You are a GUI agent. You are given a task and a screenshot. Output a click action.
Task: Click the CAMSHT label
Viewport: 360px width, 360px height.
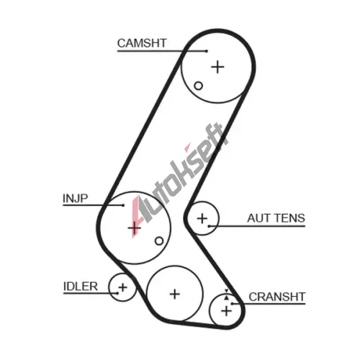(x=142, y=43)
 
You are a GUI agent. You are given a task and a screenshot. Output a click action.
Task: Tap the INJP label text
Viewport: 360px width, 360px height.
(x=76, y=199)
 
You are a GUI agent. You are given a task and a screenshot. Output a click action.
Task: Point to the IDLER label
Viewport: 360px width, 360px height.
(x=81, y=287)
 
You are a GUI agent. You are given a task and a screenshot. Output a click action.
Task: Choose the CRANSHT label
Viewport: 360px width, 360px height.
(x=277, y=297)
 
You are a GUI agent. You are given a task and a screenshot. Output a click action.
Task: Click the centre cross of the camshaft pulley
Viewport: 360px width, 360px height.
(x=217, y=67)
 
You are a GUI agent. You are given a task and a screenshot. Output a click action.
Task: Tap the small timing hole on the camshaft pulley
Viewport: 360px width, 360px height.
(x=198, y=86)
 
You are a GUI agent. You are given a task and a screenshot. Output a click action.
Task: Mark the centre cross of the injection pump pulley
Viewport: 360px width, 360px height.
(x=135, y=228)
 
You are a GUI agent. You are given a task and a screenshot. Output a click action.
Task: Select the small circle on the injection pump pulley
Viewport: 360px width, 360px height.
(x=159, y=240)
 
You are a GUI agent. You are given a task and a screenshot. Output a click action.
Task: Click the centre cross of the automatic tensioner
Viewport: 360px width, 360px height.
(x=202, y=218)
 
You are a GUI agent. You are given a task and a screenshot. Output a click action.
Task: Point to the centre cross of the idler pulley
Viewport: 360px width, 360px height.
(x=122, y=287)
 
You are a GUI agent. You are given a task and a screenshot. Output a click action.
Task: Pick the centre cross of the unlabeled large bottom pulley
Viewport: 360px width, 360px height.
(x=175, y=294)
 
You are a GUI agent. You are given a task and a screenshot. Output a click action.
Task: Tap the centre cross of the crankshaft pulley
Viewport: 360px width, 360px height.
(x=226, y=311)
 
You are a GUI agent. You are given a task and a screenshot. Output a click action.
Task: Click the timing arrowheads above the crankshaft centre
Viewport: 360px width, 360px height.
(x=226, y=294)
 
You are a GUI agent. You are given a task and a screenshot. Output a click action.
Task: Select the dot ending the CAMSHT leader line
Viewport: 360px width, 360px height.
(x=207, y=51)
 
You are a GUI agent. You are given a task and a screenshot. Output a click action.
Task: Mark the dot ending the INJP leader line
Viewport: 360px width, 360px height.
(x=123, y=205)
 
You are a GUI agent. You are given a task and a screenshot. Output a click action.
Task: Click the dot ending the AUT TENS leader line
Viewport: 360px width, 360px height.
(x=209, y=226)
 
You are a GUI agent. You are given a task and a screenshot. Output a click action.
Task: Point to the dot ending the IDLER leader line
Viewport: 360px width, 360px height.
(x=117, y=293)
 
